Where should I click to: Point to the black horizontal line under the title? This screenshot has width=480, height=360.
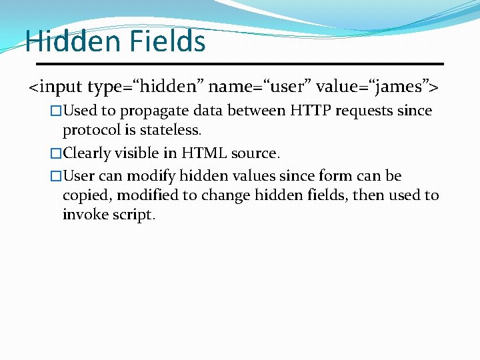point(239,64)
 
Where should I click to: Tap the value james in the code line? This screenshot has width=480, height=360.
point(398,87)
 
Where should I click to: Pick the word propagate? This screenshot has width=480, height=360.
point(153,111)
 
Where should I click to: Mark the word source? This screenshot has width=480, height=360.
point(255,153)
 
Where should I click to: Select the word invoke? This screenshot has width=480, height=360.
point(85,215)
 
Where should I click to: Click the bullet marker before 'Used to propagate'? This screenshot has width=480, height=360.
point(56,111)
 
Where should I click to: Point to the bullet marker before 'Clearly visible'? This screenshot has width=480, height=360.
point(56,153)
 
